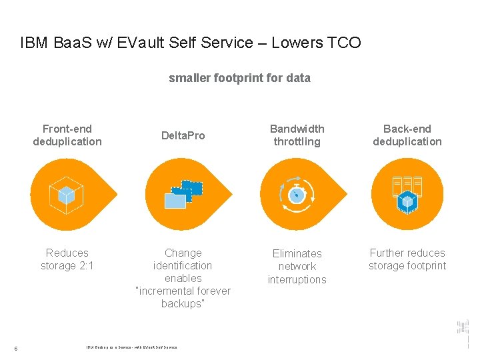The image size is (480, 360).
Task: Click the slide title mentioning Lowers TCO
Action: coord(191,43)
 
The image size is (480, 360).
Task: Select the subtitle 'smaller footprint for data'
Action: coord(239,78)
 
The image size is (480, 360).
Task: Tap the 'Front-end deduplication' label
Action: coord(67,135)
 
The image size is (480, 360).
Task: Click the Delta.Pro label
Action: coord(183,135)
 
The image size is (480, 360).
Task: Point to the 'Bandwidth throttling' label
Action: coord(297,135)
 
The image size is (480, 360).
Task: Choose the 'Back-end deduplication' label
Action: coord(407,135)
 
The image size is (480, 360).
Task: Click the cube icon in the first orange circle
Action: coord(66,194)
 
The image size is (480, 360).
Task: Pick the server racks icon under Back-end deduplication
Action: coord(407,193)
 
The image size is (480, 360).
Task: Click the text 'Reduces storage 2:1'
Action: coord(67,259)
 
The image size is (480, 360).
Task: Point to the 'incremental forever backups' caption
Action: coord(183,297)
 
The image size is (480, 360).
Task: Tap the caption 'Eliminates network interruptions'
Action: coord(297,266)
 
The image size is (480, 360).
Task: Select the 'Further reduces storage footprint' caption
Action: coord(407,259)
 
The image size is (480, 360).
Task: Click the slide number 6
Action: coord(16,347)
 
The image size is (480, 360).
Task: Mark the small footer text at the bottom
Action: coord(132,347)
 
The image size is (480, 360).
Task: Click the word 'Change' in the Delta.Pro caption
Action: coord(183,253)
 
